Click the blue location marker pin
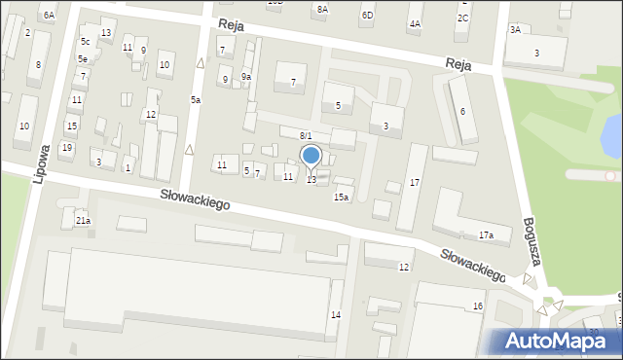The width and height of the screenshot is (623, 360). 311,157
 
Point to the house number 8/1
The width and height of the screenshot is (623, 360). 306,135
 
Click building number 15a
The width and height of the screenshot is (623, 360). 341,197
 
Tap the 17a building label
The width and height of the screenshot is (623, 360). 486,234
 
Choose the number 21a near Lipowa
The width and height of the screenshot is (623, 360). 83,221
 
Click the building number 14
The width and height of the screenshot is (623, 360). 335,314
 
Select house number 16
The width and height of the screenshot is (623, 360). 477,306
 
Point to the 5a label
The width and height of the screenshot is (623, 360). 196,100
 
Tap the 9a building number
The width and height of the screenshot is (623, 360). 246,77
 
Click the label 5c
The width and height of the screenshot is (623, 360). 86,42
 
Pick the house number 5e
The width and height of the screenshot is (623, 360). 84,59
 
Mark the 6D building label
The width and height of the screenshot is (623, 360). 366,16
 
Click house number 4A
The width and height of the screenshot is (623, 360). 415,23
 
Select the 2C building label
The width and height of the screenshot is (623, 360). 462,18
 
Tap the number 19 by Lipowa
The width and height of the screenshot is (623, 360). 66,148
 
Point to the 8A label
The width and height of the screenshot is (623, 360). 322,9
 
